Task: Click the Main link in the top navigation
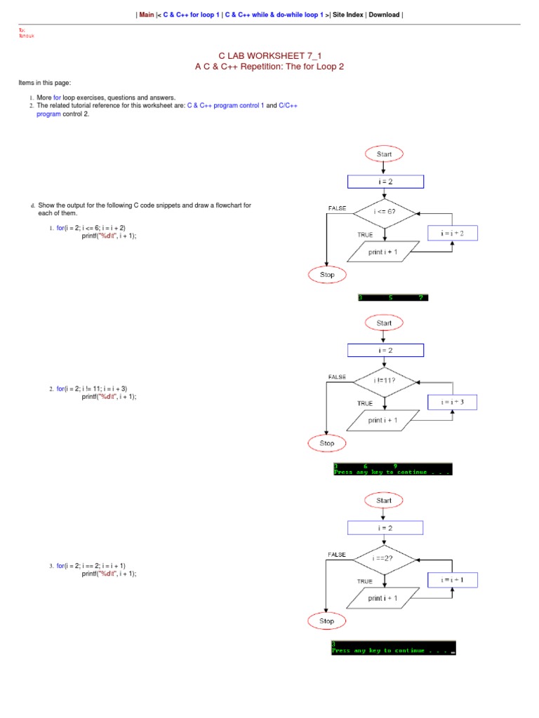point(147,14)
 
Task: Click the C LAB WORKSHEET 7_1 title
point(269,55)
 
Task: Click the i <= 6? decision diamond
point(385,212)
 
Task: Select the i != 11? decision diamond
point(385,381)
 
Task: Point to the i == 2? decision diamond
point(385,560)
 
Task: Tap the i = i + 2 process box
point(452,233)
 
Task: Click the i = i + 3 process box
point(453,402)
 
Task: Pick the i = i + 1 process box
point(453,580)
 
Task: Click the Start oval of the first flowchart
point(384,154)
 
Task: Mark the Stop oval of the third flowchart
point(327,621)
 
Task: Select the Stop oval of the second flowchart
point(327,443)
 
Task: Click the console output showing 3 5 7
point(392,297)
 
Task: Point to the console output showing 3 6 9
point(392,469)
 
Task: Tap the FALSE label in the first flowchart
point(338,208)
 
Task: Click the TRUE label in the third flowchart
point(365,581)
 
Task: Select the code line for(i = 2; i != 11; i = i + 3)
point(92,388)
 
